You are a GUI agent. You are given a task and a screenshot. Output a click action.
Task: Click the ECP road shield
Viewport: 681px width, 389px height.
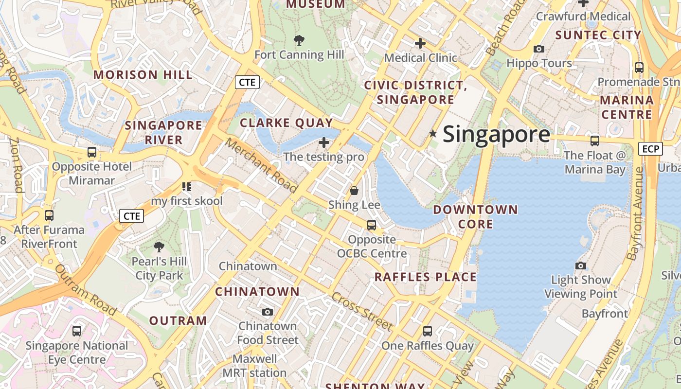pyautogui.click(x=650, y=149)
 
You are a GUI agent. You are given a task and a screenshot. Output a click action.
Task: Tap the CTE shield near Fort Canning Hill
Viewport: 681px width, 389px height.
pyautogui.click(x=247, y=82)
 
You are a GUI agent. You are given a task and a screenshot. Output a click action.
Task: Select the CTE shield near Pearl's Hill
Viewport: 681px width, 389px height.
pyautogui.click(x=132, y=216)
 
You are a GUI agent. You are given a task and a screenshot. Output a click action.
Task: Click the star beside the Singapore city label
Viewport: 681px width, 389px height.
pyautogui.click(x=433, y=133)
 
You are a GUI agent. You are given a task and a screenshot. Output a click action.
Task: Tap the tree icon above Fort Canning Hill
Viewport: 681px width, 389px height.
pyautogui.click(x=299, y=40)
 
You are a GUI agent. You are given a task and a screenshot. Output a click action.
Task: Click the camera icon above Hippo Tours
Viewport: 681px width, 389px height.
pyautogui.click(x=539, y=49)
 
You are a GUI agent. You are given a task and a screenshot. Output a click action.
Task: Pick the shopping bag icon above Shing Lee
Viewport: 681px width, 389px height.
pyautogui.click(x=354, y=190)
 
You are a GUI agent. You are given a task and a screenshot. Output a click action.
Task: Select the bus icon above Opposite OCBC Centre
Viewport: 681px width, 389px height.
pyautogui.click(x=372, y=225)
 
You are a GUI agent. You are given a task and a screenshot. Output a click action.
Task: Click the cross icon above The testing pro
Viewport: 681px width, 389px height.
pyautogui.click(x=324, y=142)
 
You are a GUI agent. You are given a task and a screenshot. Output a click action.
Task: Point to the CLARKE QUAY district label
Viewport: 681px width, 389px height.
pyautogui.click(x=287, y=123)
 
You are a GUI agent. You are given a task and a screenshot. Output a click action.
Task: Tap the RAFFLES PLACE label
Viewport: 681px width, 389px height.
pyautogui.click(x=426, y=277)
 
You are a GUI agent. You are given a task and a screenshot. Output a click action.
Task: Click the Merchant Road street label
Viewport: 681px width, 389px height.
pyautogui.click(x=261, y=165)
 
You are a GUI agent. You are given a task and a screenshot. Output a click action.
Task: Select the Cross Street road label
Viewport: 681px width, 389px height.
pyautogui.click(x=362, y=311)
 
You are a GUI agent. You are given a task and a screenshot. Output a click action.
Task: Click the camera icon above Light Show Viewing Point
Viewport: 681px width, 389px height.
pyautogui.click(x=580, y=265)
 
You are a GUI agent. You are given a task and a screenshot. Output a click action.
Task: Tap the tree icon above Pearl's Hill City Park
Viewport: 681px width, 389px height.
pyautogui.click(x=159, y=247)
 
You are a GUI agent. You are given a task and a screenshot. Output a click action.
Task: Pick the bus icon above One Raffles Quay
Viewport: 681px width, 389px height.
pyautogui.click(x=427, y=331)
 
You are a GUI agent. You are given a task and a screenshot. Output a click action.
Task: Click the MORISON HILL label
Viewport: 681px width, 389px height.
pyautogui.click(x=143, y=75)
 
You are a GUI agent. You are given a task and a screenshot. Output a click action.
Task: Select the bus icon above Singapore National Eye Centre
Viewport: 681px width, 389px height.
pyautogui.click(x=77, y=331)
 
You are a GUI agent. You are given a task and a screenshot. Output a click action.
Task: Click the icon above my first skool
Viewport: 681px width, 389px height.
pyautogui.click(x=187, y=186)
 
